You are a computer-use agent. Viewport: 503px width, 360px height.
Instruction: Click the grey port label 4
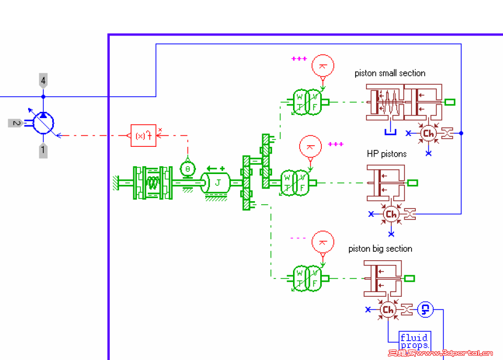coord(43,80)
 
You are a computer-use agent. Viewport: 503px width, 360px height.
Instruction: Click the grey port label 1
coord(43,151)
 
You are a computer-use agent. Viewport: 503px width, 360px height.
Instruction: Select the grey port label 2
coord(16,123)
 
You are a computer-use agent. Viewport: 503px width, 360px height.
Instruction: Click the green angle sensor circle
coord(187,169)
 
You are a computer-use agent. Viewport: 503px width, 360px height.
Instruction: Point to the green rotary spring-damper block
coord(153,182)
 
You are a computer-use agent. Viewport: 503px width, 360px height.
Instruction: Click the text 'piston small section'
coord(390,73)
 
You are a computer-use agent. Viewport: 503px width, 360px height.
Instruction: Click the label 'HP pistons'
coord(387,154)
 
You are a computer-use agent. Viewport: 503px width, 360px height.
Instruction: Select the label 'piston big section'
coord(380,249)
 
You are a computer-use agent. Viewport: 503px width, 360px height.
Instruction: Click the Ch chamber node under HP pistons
coord(391,214)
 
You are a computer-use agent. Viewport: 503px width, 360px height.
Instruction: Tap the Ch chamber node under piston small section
coord(428,133)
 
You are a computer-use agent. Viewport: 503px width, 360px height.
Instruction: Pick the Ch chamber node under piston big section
coord(388,310)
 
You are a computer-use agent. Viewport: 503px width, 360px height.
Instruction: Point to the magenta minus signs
coord(298,238)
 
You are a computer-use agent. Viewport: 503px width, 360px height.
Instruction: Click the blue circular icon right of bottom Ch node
coord(425,310)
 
